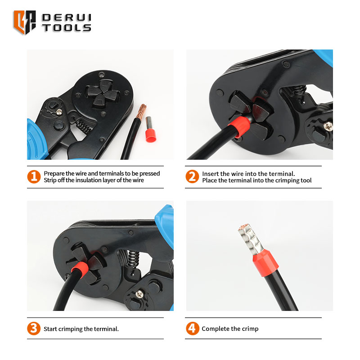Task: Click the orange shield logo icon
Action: tap(24, 22)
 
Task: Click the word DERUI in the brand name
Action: tap(67, 18)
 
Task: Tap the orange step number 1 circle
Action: tap(34, 176)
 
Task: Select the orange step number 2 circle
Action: tap(192, 176)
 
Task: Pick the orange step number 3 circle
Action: tap(34, 328)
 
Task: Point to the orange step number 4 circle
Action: tap(193, 328)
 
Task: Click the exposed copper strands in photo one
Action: tap(141, 111)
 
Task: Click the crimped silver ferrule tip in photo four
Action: tap(251, 239)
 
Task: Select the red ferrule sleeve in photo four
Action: tap(265, 262)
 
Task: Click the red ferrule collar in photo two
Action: tap(239, 126)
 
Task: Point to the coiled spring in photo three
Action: tap(133, 258)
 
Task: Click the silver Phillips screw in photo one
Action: tap(59, 112)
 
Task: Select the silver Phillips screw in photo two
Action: tap(328, 126)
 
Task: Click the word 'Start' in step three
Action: tap(50, 329)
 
